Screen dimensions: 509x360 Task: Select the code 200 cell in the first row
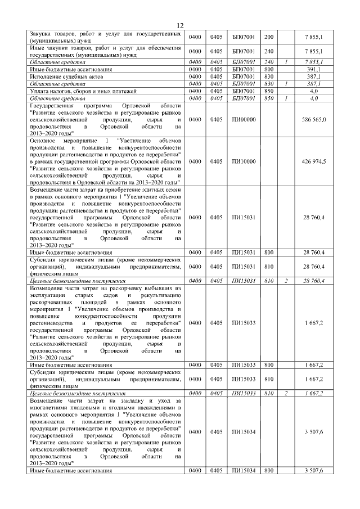(269, 37)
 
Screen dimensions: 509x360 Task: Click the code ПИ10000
(244, 161)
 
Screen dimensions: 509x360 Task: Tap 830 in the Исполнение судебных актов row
(269, 76)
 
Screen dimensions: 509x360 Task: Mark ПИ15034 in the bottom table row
(244, 470)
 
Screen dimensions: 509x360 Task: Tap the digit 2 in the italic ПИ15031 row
(286, 280)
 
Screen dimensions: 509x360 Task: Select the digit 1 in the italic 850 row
(286, 97)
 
